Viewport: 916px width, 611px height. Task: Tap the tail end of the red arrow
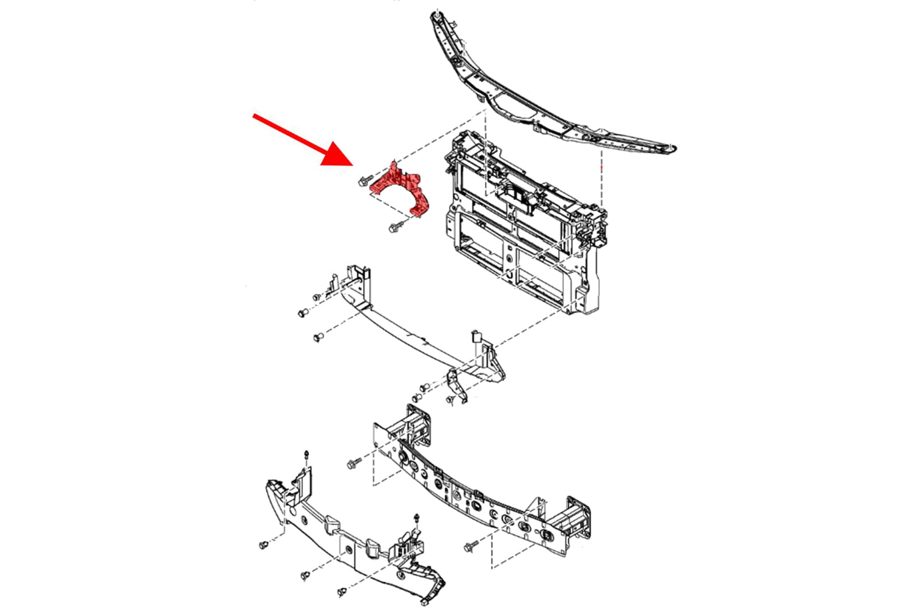click(x=255, y=116)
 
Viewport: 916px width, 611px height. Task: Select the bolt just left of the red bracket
click(x=363, y=182)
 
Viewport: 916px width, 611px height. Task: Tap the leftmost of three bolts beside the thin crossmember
click(x=302, y=313)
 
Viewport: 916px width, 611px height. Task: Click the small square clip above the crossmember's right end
click(x=475, y=336)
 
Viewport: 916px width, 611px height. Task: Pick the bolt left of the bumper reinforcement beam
click(x=352, y=463)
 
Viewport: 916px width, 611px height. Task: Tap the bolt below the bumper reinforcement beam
click(x=471, y=547)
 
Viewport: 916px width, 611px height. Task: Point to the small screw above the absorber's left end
click(x=306, y=455)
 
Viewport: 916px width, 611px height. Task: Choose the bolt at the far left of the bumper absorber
click(x=264, y=544)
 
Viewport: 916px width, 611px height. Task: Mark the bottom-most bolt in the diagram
click(x=342, y=590)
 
